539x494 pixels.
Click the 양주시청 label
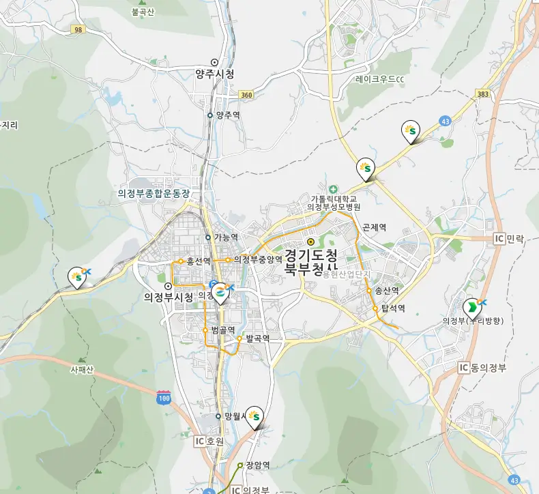pyautogui.click(x=215, y=74)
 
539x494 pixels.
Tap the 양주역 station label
pyautogui.click(x=227, y=115)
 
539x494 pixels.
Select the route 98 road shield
pyautogui.click(x=78, y=29)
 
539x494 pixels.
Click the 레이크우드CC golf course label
pyautogui.click(x=380, y=79)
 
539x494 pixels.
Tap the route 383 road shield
pyautogui.click(x=484, y=93)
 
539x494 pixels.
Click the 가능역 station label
pyautogui.click(x=225, y=237)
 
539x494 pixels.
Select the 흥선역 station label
pyautogui.click(x=198, y=261)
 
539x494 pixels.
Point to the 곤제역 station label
pyautogui.click(x=375, y=227)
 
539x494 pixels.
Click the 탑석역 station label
pyautogui.click(x=393, y=308)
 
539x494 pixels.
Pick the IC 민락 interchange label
pyautogui.click(x=509, y=239)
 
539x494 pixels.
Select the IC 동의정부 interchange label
pyautogui.click(x=484, y=368)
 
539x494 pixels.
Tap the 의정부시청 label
pyautogui.click(x=169, y=297)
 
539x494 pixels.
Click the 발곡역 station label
pyautogui.click(x=258, y=338)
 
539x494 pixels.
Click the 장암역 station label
pyautogui.click(x=258, y=465)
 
